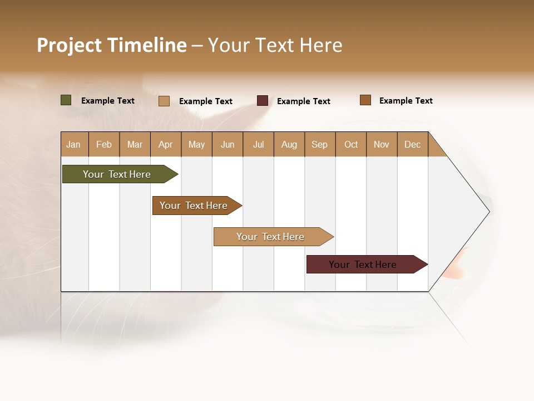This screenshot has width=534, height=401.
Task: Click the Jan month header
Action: pyautogui.click(x=74, y=144)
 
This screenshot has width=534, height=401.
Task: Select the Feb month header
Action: pyautogui.click(x=104, y=144)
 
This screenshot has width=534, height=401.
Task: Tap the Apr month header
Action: pyautogui.click(x=165, y=144)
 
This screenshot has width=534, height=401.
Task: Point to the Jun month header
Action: pyautogui.click(x=228, y=144)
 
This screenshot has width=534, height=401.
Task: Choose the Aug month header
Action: pyautogui.click(x=289, y=144)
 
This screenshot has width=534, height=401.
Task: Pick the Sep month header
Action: pyautogui.click(x=319, y=144)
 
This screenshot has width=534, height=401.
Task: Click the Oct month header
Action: pyautogui.click(x=351, y=144)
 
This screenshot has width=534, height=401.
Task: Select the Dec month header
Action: pyautogui.click(x=412, y=144)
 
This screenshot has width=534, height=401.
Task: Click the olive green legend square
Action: pyautogui.click(x=66, y=100)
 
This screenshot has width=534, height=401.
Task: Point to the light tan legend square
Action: pyautogui.click(x=164, y=101)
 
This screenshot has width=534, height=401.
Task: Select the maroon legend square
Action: pyautogui.click(x=263, y=101)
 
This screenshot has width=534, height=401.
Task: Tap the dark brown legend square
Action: pyautogui.click(x=365, y=100)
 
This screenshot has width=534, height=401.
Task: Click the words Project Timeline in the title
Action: pyautogui.click(x=112, y=45)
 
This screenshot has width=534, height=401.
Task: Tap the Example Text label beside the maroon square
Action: pyautogui.click(x=304, y=101)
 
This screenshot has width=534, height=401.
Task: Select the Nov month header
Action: pyautogui.click(x=382, y=144)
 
